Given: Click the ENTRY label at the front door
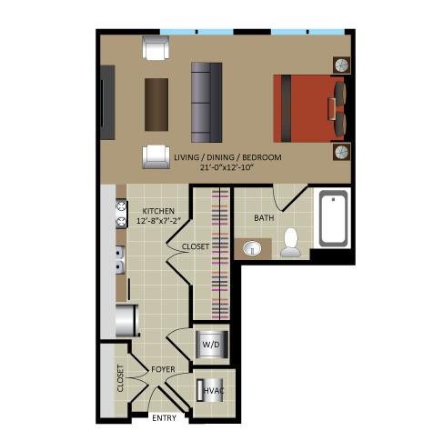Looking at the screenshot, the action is (x=164, y=418).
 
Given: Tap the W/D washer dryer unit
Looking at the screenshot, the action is (x=212, y=345).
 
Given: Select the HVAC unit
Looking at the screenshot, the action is (x=210, y=390).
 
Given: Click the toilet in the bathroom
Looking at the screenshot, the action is (x=290, y=243).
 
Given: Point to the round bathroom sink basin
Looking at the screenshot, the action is (x=252, y=248).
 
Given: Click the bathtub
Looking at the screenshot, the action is (x=333, y=218).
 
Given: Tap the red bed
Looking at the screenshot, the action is (x=309, y=108).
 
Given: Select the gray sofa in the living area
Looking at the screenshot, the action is (x=206, y=103).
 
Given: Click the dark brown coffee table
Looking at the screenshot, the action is (x=156, y=105).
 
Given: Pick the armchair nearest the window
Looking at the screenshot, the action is (x=156, y=47).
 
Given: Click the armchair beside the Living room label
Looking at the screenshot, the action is (x=156, y=157).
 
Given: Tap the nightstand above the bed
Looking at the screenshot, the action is (x=342, y=65).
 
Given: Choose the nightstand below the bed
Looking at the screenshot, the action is (x=342, y=152).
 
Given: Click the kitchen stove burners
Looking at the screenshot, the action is (x=121, y=214).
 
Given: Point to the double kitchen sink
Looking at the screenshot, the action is (x=120, y=260).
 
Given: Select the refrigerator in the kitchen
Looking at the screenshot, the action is (x=127, y=321).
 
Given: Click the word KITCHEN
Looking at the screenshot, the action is (x=158, y=211).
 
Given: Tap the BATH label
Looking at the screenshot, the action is (x=264, y=217).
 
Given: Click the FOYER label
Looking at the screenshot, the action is (x=163, y=369).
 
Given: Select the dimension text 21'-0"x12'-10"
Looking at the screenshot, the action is (x=227, y=167).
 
